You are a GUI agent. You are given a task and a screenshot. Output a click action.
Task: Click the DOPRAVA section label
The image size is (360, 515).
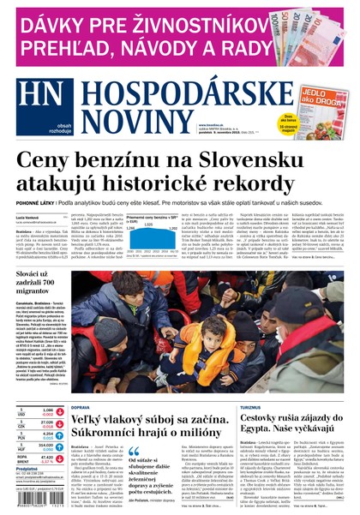pos(81,407)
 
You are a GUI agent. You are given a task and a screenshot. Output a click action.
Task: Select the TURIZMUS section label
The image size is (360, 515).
pos(262,407)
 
